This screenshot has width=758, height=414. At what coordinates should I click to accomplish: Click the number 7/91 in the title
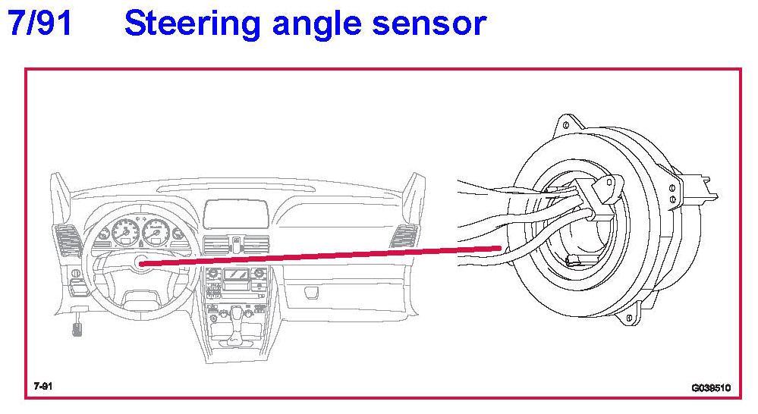tap(39, 24)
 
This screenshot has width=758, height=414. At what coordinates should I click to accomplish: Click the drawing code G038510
tap(710, 387)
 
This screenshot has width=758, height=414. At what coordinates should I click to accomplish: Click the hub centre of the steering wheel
tap(142, 262)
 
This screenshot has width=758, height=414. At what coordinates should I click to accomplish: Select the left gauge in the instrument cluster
tap(124, 234)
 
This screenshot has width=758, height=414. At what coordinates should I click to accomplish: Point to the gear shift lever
tap(236, 314)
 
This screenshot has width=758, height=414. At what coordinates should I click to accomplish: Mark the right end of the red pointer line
tap(499, 248)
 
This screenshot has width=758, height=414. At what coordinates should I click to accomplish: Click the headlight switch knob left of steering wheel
tap(74, 272)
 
